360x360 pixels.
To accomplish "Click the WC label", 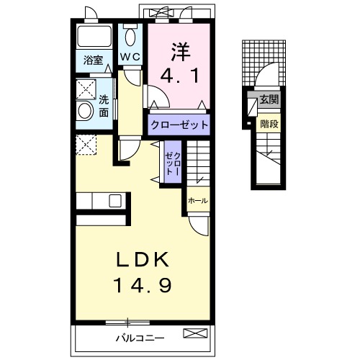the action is coord(130,57).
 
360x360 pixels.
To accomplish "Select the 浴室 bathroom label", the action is coord(94,60).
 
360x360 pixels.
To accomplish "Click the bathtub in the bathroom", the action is coord(94,36).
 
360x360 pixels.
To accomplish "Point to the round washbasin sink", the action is coord(86,111).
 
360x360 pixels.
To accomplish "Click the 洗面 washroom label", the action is coord(104,106).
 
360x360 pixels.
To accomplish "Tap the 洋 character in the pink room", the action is coord(181,51).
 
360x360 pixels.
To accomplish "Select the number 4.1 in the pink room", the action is coord(180,76).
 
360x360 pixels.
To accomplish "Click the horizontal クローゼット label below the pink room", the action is coord(179,125).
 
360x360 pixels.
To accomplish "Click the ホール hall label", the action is coord(198,200).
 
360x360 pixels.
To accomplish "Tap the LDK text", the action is coord(143,259).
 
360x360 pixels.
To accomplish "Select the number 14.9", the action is coord(143,285).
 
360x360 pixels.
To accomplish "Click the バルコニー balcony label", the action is coord(140,338).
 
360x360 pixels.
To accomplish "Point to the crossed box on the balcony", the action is coord(195,333).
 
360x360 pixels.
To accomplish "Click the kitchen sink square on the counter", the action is coord(115,201).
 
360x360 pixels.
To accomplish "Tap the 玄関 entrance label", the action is coord(269,99).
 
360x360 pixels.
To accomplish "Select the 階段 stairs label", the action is coord(269,124).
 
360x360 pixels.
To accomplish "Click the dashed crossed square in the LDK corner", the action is coord(86,145).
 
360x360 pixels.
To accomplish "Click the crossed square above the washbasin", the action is coord(86,89).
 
